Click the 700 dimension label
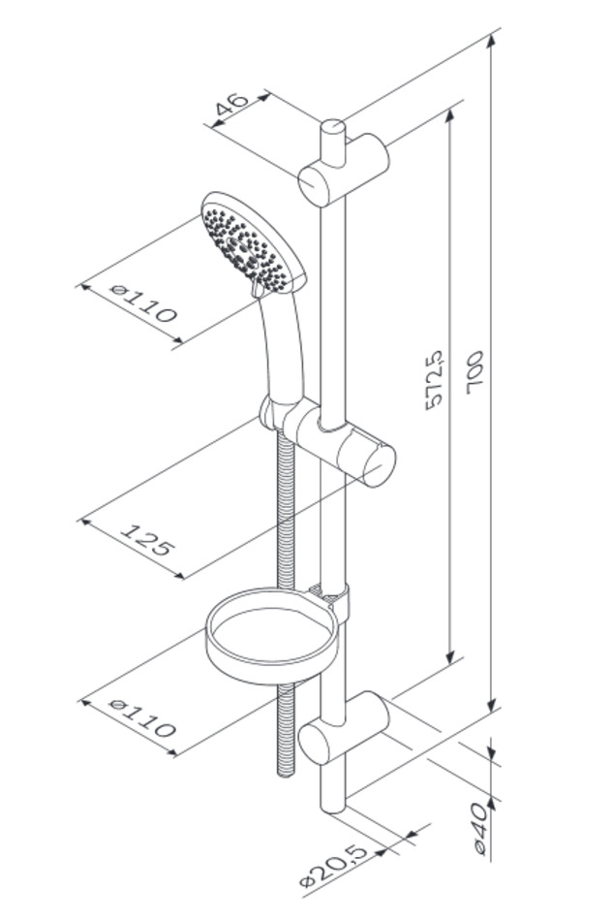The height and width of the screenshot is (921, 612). coord(474,372)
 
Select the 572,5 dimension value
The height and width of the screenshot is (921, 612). coord(434,380)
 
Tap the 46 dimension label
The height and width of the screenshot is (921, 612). coord(232,105)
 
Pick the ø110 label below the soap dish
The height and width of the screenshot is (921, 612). coord(143,717)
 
